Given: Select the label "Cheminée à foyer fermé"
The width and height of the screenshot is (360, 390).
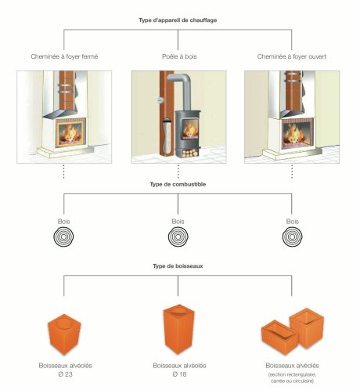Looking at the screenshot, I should pos(63,56).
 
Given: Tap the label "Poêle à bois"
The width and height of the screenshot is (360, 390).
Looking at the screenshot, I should pos(178,56).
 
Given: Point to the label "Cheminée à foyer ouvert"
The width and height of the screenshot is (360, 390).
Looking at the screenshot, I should pos(293,56).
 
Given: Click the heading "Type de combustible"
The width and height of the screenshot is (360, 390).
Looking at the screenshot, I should pos(180,184).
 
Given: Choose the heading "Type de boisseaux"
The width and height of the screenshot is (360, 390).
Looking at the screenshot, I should pos(180,266).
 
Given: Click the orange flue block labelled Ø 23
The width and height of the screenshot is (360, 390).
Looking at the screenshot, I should pos(63,334).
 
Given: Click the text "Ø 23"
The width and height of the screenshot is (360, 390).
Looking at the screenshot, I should pos(63,374).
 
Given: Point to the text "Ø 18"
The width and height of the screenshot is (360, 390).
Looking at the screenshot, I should pos(178,374).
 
